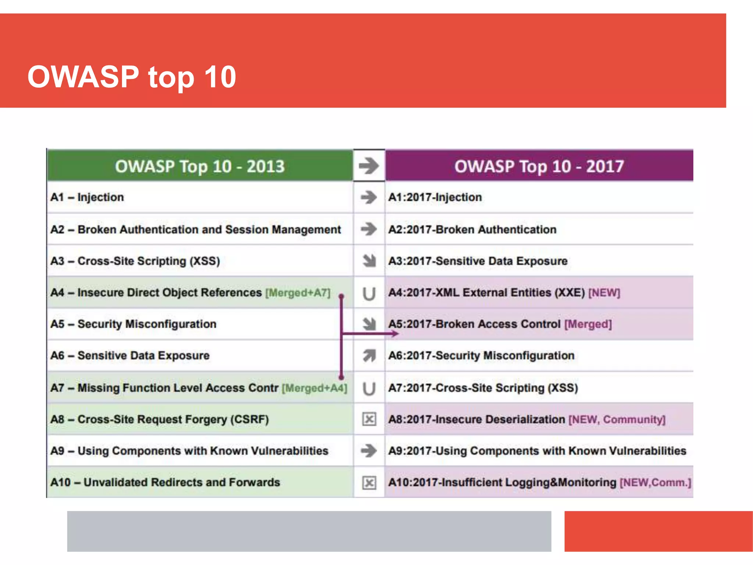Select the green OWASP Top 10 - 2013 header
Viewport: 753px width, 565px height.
coord(200,166)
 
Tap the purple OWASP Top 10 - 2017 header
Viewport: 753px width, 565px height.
coord(539,166)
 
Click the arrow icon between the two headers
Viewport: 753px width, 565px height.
coord(369,166)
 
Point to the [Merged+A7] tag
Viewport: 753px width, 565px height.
coord(298,293)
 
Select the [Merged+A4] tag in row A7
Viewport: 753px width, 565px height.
coord(314,388)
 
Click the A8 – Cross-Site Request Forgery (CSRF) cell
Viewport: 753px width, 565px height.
coord(160,419)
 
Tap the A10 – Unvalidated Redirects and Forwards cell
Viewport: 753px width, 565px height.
coord(165,482)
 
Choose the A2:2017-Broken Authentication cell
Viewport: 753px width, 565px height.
coord(472,230)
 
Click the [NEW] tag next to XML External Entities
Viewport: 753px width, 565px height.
coord(604,293)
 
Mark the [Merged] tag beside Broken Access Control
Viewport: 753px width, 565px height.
coord(588,324)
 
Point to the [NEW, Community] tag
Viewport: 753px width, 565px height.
coord(617,419)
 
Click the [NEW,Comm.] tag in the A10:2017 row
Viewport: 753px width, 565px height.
coord(655,482)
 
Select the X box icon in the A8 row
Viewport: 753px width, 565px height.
coord(369,419)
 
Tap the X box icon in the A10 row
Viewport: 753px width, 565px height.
coord(369,483)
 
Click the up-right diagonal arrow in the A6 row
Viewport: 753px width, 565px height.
coord(369,355)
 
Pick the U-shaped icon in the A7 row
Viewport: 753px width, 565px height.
coord(369,388)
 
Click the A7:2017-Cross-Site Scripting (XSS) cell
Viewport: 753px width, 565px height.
coord(483,388)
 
